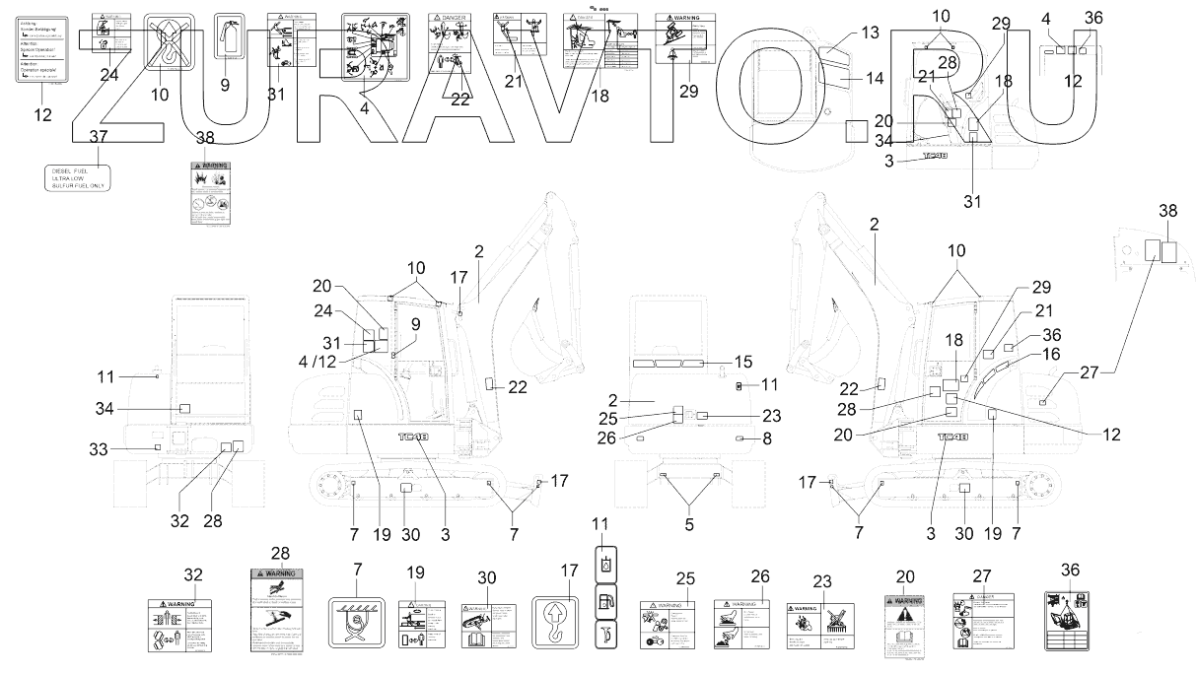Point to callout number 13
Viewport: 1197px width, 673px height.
click(x=868, y=34)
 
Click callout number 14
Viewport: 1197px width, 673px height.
click(x=875, y=77)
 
